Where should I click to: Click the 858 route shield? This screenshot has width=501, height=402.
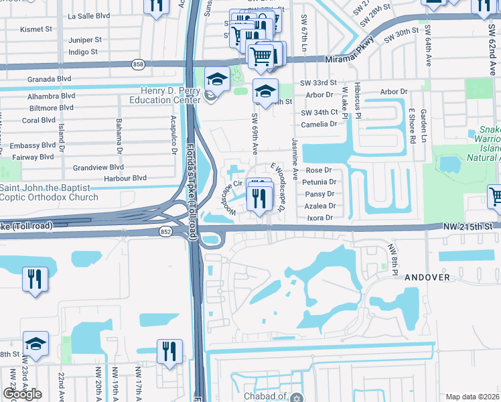click(x=139, y=64)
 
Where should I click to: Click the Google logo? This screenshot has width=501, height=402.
click(x=23, y=393)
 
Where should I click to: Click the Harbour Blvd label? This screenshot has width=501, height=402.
click(x=126, y=178)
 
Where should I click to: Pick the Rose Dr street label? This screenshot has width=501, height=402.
click(x=319, y=170)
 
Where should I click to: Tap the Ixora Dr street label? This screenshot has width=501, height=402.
click(x=319, y=218)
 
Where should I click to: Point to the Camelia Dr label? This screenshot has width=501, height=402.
click(x=319, y=124)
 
